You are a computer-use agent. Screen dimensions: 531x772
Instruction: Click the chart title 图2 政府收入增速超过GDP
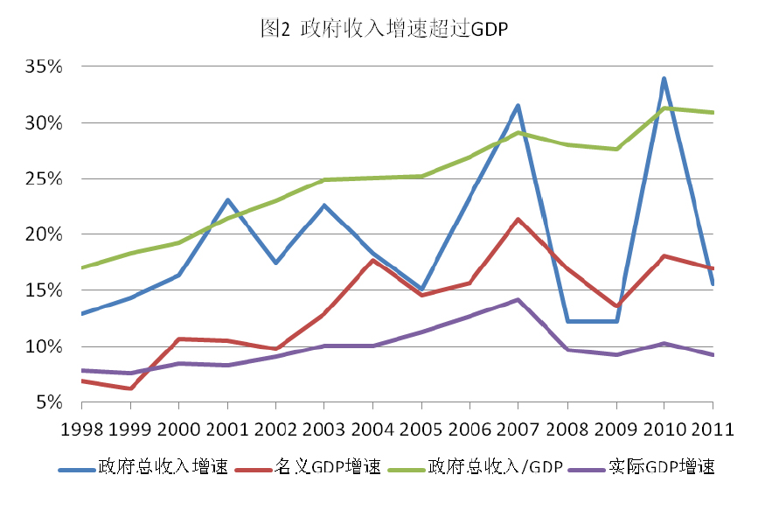point(384,29)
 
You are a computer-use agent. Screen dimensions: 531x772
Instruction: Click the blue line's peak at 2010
point(664,79)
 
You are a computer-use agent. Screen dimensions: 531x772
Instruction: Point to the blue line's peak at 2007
point(518,106)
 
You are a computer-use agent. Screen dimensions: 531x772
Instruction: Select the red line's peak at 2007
point(518,220)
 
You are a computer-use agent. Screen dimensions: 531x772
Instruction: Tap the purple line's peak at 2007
point(518,300)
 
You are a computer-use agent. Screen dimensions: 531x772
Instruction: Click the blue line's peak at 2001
point(227,200)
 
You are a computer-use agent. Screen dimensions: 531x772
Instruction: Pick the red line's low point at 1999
point(130,388)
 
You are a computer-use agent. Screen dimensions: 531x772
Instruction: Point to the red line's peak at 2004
point(373,261)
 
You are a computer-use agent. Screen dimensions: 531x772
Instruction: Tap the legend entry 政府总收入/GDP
point(495,466)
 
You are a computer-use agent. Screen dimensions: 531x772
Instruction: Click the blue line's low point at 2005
point(421,290)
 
